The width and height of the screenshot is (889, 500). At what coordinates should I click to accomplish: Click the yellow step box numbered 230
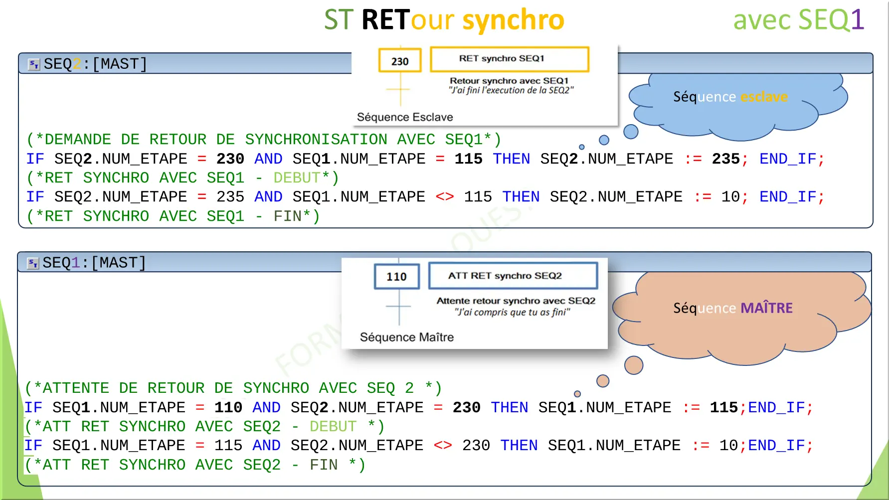click(x=400, y=61)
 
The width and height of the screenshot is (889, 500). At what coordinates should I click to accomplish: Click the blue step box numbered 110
click(x=396, y=277)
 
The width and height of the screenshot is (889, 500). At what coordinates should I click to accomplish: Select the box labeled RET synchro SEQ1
click(x=509, y=59)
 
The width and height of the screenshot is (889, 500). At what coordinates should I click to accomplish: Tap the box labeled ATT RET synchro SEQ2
click(x=513, y=276)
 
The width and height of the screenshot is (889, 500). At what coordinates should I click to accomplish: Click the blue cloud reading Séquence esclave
click(x=730, y=100)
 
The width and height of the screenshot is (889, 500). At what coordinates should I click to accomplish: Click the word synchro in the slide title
click(x=513, y=20)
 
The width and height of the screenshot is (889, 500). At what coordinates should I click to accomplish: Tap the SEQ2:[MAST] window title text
click(x=95, y=64)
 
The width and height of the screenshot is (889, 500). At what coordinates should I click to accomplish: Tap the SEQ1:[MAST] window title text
click(x=94, y=263)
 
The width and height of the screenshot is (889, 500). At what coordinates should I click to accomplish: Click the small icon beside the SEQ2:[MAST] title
click(x=34, y=64)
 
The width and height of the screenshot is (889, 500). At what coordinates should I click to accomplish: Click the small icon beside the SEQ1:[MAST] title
click(x=33, y=263)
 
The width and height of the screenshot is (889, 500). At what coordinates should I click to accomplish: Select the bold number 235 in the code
click(x=725, y=159)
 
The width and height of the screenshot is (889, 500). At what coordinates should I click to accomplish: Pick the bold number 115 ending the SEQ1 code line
click(x=723, y=407)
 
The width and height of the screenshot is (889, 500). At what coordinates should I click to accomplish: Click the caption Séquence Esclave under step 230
click(x=405, y=117)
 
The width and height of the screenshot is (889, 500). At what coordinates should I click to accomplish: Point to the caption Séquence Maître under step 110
click(x=407, y=337)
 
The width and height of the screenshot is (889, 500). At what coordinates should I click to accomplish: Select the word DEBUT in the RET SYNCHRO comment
click(x=297, y=177)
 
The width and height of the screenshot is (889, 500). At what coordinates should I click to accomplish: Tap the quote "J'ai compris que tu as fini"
click(x=512, y=312)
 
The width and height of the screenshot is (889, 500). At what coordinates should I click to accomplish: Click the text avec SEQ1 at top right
click(x=798, y=20)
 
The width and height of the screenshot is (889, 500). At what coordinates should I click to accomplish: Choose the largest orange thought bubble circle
click(x=634, y=365)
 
